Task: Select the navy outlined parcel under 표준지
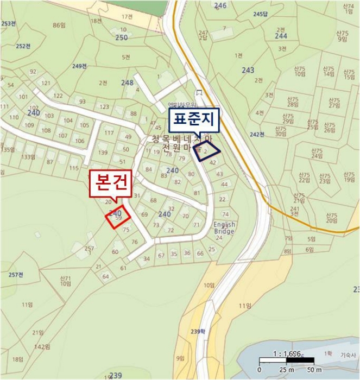(207, 151)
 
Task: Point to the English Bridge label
(224, 227)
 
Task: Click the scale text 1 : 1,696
(288, 353)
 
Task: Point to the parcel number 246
(220, 6)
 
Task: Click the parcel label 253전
(8, 23)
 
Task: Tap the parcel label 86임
(59, 26)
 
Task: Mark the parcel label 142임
(42, 346)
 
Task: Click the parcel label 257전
(16, 274)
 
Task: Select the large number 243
(248, 70)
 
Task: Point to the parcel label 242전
(257, 134)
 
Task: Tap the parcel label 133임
(28, 157)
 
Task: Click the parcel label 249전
(79, 66)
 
